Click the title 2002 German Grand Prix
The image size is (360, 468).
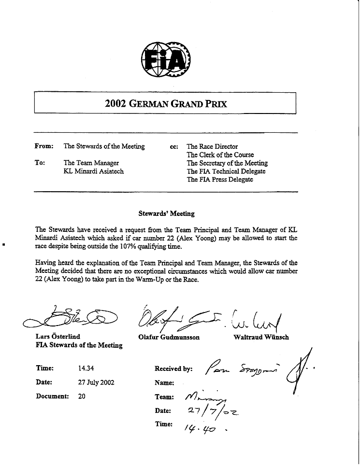coord(166,103)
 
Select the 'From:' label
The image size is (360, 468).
coord(44,146)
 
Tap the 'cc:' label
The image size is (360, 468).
coord(174,146)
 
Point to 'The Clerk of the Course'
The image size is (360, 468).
coord(220,155)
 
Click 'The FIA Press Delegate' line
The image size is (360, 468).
coord(220,180)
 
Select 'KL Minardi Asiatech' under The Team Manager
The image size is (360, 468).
coord(94,171)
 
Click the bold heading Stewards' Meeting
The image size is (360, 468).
coord(166,213)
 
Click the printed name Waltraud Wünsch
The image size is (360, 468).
coord(261,337)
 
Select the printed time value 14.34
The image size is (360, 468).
coord(86,368)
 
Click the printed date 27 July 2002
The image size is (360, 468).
coord(96,383)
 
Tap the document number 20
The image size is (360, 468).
coord(82,397)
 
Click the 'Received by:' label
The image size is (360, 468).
coord(173,369)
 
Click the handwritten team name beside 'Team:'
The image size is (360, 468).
coord(206,397)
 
